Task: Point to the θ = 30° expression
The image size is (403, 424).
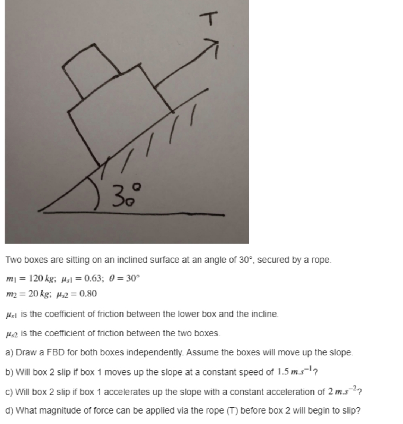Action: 125,279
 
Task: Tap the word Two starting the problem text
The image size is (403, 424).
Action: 13,260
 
